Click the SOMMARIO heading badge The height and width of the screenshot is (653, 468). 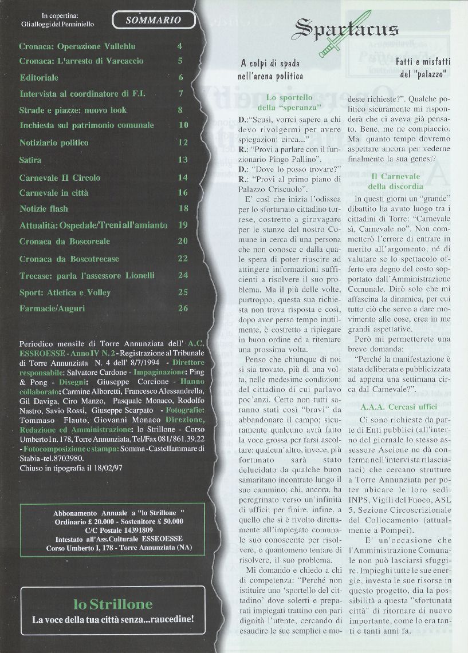(153, 20)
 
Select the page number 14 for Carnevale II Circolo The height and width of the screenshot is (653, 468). (183, 178)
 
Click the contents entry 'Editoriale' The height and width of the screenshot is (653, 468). (39, 77)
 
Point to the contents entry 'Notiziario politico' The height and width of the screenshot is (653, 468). (54, 143)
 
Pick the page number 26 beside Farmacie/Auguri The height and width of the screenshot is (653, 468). (183, 308)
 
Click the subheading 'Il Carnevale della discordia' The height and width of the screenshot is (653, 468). (396, 181)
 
